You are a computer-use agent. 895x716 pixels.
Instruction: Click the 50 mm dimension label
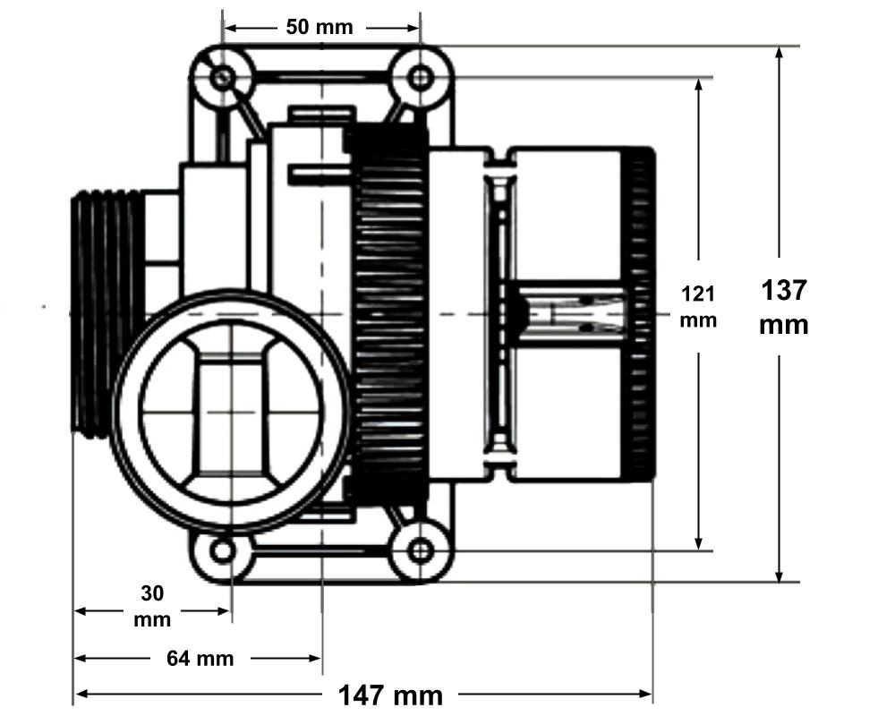pos(320,27)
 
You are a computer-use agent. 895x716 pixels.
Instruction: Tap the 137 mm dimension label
pos(783,306)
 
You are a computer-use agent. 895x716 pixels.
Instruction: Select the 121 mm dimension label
pos(698,306)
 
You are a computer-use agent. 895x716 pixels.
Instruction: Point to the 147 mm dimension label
pos(390,695)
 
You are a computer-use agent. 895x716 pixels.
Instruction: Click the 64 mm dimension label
pos(200,660)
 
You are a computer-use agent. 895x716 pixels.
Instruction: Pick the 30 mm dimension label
pos(152,605)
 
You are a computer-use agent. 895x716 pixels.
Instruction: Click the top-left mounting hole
pos(224,78)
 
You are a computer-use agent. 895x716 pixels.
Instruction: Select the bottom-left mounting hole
pos(223,550)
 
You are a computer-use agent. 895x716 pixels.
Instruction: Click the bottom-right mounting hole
pos(419,550)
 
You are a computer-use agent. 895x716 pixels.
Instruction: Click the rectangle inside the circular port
pos(232,411)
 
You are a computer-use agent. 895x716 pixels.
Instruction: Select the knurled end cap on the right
pos(638,313)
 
